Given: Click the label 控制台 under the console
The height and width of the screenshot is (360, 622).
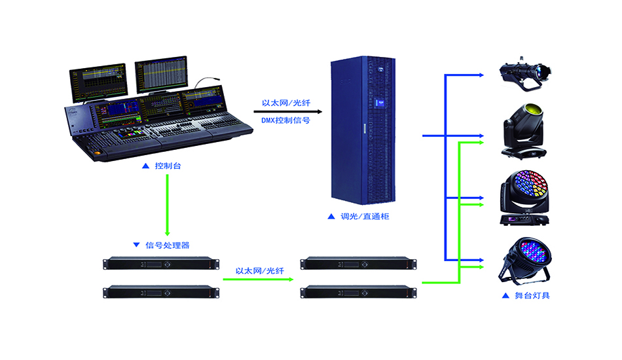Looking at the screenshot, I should pos(168,166).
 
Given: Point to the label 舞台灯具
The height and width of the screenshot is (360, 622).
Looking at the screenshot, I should pos(532,295).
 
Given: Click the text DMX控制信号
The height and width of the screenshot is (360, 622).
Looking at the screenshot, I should pos(285,120).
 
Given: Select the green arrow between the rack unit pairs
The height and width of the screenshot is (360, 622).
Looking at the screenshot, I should pos(258,279).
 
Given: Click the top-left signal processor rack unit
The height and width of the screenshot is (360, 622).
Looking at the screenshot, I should pos(159,264).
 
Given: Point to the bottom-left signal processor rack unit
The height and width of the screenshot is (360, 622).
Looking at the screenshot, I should pos(159,291).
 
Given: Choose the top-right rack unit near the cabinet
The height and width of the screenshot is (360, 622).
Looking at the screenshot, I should pos(358,264).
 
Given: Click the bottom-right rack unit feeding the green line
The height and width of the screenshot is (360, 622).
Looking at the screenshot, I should pos(358,291).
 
